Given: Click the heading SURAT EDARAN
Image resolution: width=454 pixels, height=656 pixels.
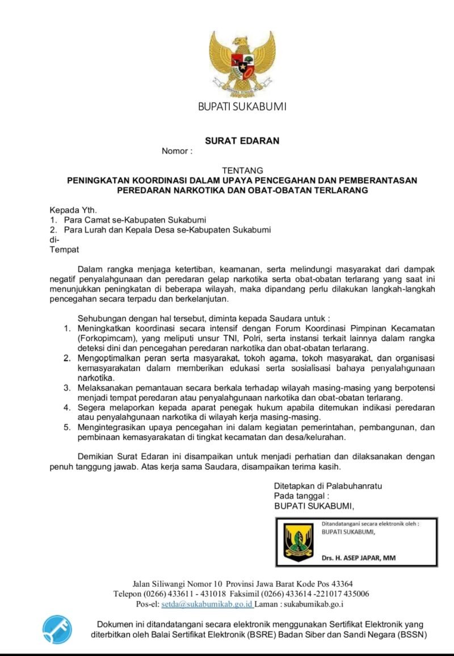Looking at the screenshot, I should click(242, 141).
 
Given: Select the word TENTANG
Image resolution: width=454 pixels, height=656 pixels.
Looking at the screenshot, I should click(242, 170).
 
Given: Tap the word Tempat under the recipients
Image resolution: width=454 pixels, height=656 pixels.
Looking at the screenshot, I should click(64, 249).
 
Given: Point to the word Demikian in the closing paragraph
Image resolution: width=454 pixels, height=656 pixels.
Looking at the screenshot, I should click(96, 457).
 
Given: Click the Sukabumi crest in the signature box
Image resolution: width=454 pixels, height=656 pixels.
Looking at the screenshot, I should click(298, 542).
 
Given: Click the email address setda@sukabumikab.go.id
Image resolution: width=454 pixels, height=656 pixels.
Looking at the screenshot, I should click(207, 604).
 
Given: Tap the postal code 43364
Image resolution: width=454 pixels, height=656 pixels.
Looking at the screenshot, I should click(340, 583).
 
